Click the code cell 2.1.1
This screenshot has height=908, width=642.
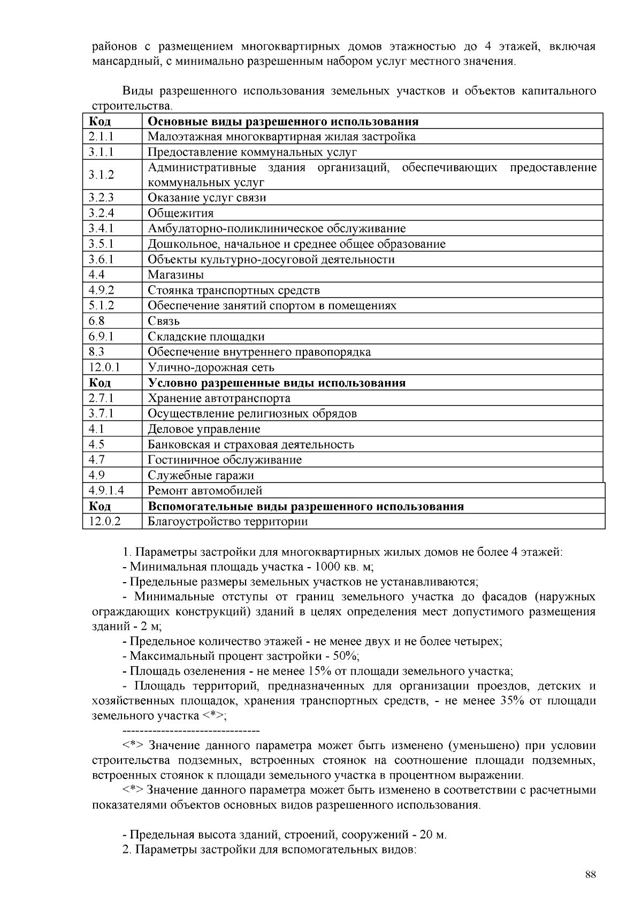pos(101,136)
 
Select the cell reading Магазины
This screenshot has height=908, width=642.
pos(175,275)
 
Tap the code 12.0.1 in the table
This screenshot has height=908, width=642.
pos(104,368)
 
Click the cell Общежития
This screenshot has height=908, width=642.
pos(180,213)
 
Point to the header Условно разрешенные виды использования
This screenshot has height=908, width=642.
pos(276,383)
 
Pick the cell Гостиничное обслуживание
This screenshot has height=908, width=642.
pos(224,460)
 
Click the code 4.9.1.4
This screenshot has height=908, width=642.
pos(106,491)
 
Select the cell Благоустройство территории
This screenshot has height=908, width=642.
pos(227,522)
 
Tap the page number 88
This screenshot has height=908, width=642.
pos(590,875)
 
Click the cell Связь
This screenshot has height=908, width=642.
pos(163,321)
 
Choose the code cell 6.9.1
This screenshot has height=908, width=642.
pos(101,337)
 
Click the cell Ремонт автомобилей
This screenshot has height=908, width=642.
pos(205,491)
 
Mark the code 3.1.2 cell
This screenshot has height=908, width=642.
pos(101,175)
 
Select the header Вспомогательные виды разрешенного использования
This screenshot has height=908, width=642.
pos(305,506)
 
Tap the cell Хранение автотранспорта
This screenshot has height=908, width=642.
pos(219,399)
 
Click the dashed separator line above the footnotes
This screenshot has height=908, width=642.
pos(191,731)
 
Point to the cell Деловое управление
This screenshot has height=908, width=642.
pos(204,429)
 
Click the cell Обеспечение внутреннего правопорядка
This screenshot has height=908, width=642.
pos(259,352)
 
